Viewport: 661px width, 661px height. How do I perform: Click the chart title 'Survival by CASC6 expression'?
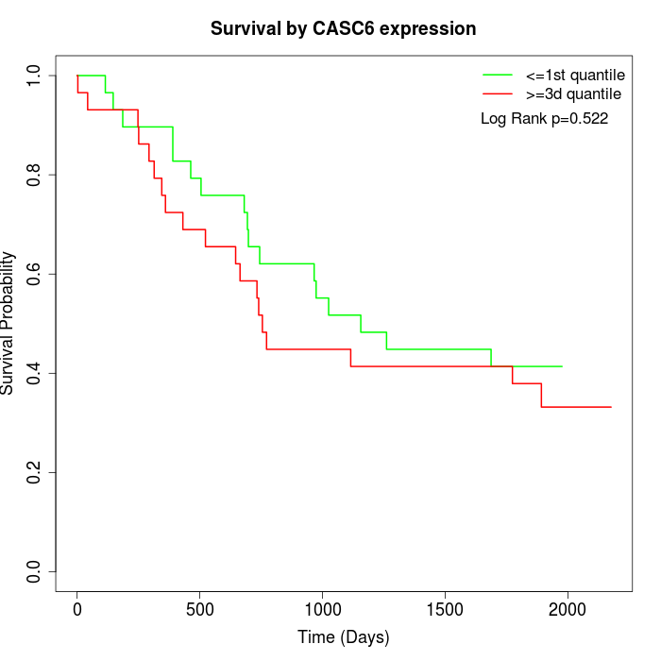click(x=343, y=28)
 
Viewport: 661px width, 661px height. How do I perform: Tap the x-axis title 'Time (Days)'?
click(x=343, y=637)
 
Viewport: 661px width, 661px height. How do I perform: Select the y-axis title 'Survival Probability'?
click(x=8, y=323)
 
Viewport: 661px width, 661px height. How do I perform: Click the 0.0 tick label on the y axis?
click(x=35, y=571)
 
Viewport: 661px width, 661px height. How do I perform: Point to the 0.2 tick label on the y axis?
click(x=35, y=472)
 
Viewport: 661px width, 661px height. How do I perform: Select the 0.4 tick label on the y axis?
click(x=35, y=373)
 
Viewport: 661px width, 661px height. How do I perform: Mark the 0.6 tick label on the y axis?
click(x=35, y=274)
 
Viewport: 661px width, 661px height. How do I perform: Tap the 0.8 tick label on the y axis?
click(x=35, y=175)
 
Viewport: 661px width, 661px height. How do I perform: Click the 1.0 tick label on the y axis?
click(x=35, y=76)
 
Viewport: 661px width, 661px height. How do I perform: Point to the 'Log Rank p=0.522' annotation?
click(x=544, y=119)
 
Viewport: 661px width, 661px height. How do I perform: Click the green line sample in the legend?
click(x=497, y=74)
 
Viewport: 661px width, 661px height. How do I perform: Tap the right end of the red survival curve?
click(x=611, y=407)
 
